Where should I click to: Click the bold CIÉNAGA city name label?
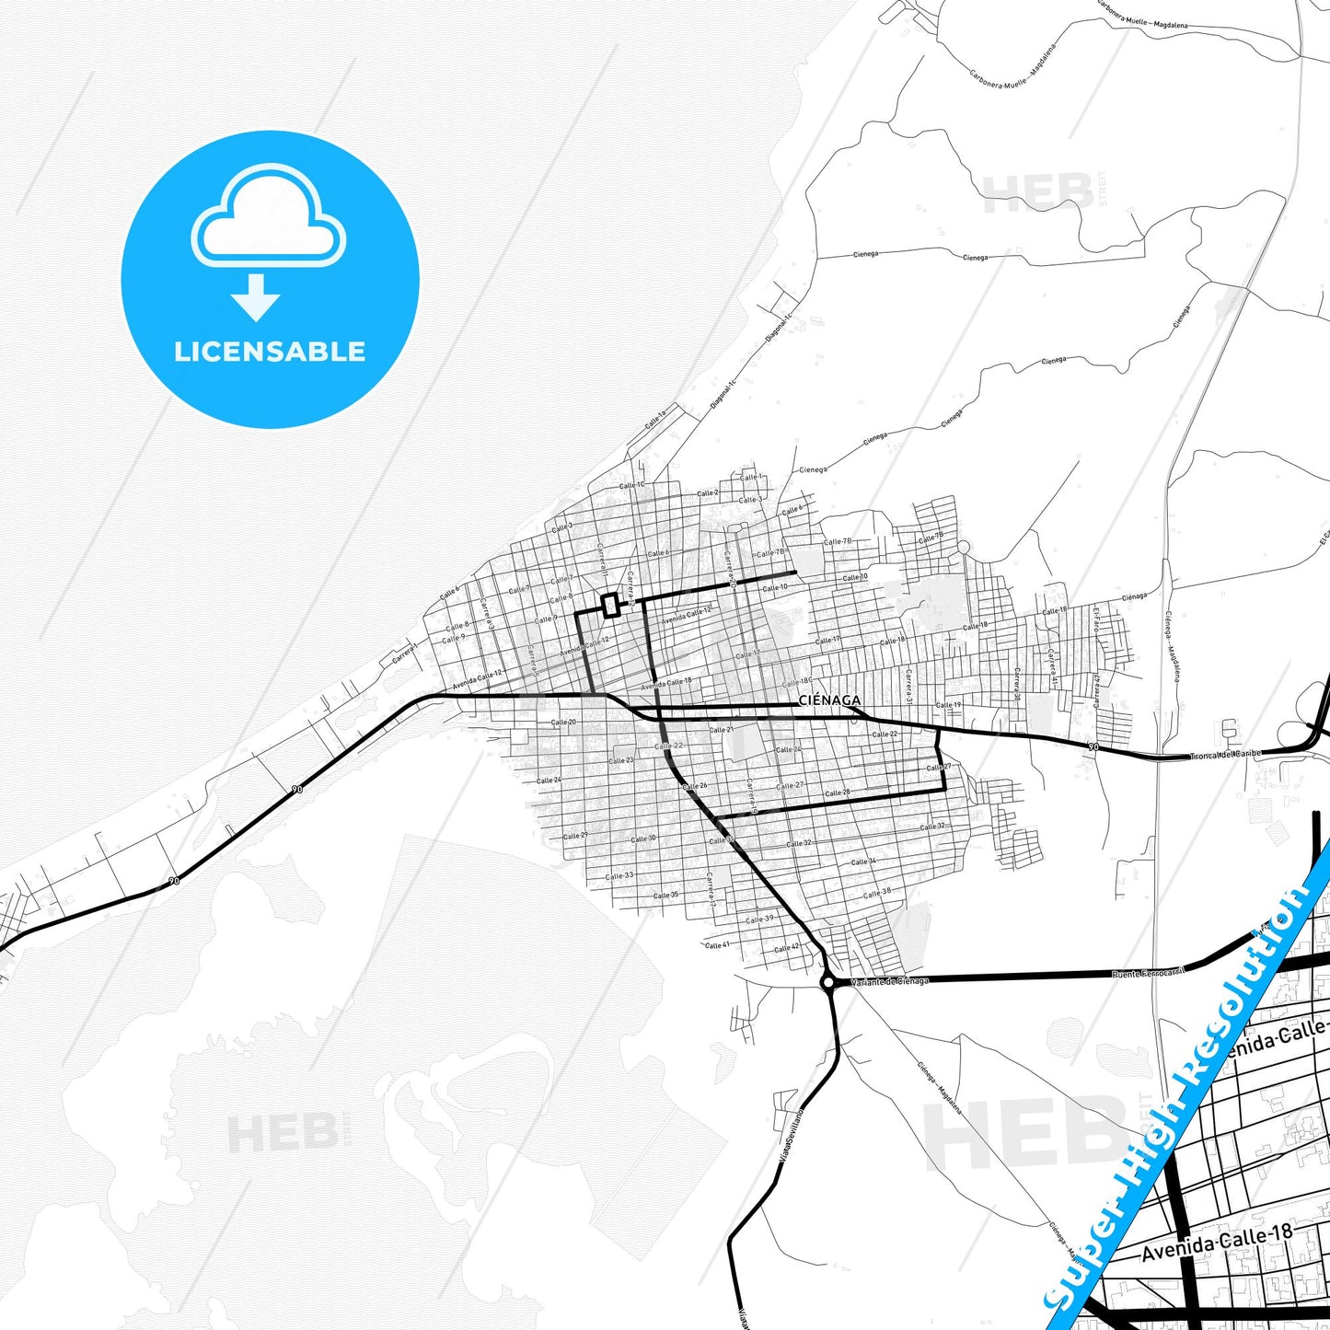click(829, 700)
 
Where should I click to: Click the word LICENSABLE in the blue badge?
click(270, 352)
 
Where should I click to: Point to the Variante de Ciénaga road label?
click(889, 981)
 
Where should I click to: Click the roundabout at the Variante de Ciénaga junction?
click(827, 983)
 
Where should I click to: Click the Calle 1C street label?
click(631, 485)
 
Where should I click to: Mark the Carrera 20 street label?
click(729, 571)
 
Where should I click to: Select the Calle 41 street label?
click(716, 945)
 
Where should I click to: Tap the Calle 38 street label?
click(876, 893)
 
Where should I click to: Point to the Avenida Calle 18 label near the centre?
click(665, 684)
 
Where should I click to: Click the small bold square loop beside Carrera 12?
click(609, 605)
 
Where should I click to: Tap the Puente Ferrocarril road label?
click(1148, 972)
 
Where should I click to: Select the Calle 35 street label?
click(665, 895)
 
